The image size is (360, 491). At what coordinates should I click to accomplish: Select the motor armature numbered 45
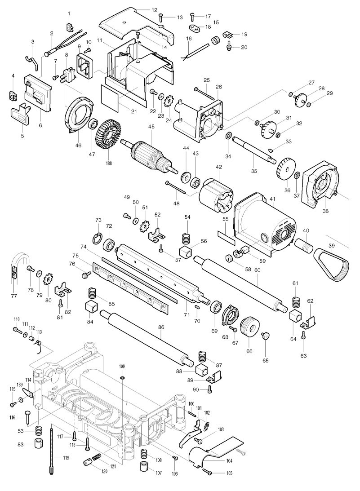151,155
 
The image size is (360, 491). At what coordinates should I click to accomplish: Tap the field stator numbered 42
216,199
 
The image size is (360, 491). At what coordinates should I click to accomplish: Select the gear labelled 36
284,169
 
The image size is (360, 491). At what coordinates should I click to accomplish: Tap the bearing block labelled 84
92,308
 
